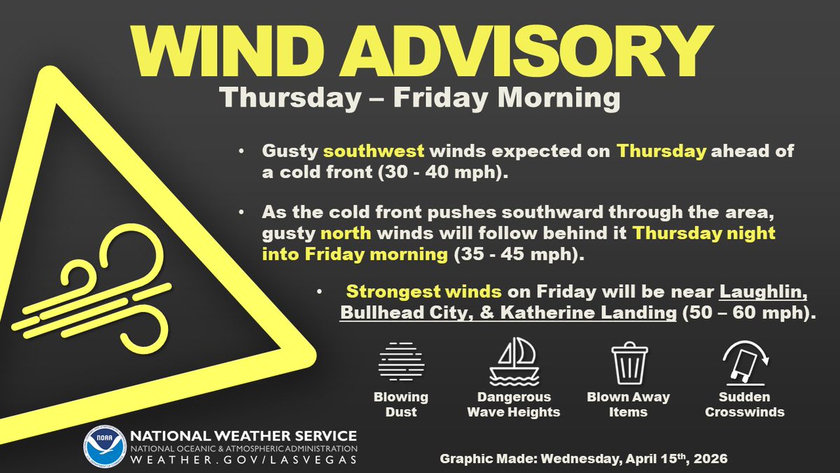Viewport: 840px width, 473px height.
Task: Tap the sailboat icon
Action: pyautogui.click(x=513, y=362)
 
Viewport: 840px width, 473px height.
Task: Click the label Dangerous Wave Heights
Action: pyautogui.click(x=514, y=404)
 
